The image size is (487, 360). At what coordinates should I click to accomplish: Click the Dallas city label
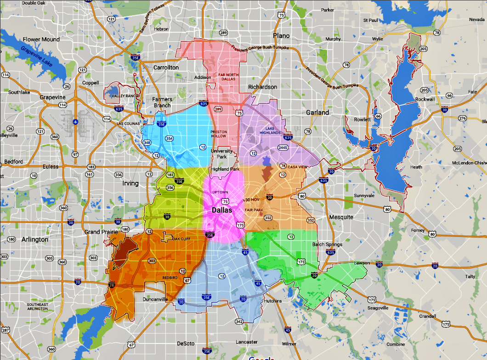(222, 210)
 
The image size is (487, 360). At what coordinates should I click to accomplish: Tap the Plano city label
(281, 35)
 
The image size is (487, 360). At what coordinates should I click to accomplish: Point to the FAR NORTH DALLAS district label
(226, 76)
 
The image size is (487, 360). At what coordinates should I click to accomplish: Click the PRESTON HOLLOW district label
(219, 134)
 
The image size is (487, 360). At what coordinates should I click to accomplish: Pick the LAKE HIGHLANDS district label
(270, 130)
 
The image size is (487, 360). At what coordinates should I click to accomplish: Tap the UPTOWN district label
(220, 192)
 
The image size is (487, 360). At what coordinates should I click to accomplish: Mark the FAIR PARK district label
(253, 210)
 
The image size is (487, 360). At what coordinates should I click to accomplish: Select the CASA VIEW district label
(296, 167)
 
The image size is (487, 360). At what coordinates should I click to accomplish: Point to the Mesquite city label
(341, 217)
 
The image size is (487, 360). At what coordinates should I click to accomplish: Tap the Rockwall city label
(425, 99)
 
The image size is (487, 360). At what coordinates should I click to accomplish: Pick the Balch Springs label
(327, 244)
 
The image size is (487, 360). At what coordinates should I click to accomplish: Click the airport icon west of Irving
(75, 123)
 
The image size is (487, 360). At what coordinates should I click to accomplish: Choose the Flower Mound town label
(41, 39)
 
